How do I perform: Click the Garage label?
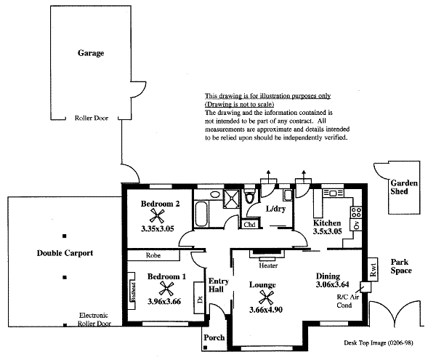pyautogui.click(x=92, y=53)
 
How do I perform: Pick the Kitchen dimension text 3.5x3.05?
pyautogui.click(x=327, y=231)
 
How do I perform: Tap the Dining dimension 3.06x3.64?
pyautogui.click(x=334, y=284)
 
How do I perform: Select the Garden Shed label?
pyautogui.click(x=403, y=188)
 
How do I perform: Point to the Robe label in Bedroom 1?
pyautogui.click(x=153, y=255)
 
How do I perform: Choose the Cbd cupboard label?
pyautogui.click(x=249, y=225)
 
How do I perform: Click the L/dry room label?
pyautogui.click(x=276, y=209)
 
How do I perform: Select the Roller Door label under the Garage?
pyautogui.click(x=91, y=118)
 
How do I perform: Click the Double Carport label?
pyautogui.click(x=65, y=253)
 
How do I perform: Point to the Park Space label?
pyautogui.click(x=401, y=266)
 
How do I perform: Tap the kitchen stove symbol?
pyautogui.click(x=356, y=212)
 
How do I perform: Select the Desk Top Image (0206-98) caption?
pyautogui.click(x=379, y=342)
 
